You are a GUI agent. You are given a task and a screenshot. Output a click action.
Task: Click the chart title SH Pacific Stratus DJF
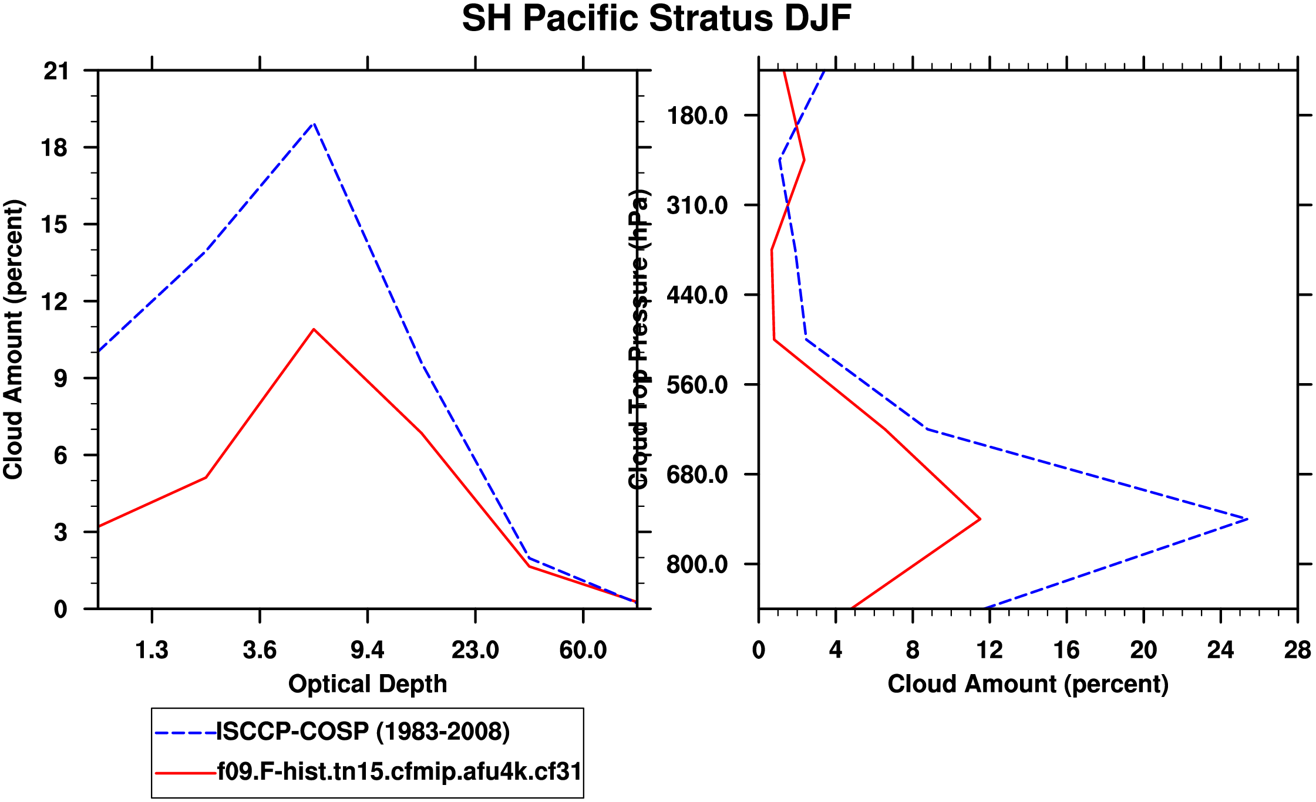(x=657, y=19)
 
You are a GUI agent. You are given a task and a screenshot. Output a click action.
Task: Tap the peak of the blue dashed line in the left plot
(x=314, y=124)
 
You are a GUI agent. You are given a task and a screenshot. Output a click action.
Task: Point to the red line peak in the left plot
(x=314, y=329)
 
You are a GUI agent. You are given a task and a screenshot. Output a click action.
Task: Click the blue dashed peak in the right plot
(x=1247, y=519)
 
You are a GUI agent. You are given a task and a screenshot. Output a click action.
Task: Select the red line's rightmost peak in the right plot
(x=980, y=519)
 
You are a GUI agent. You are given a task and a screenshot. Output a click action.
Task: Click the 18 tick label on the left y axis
(x=55, y=148)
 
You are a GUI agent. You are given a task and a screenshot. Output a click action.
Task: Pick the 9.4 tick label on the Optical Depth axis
(x=367, y=650)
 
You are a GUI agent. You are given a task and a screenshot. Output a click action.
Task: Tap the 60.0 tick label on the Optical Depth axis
(x=583, y=650)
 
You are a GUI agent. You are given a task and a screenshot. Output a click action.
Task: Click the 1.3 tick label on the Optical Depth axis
(x=152, y=650)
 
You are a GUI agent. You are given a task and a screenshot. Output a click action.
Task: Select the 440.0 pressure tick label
(x=697, y=295)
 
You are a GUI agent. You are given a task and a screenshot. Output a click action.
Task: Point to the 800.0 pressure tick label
(x=697, y=564)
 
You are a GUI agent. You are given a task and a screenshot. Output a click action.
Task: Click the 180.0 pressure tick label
(x=697, y=116)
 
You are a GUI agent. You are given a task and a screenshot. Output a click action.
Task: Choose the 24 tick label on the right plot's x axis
(x=1220, y=650)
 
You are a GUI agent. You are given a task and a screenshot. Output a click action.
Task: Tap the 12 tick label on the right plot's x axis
(x=989, y=650)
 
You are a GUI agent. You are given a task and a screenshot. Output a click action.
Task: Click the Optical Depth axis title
(x=368, y=684)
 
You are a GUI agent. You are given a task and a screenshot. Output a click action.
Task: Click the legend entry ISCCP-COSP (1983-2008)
(x=363, y=732)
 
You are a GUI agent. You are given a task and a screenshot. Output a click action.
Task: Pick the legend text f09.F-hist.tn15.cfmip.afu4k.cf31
(x=399, y=771)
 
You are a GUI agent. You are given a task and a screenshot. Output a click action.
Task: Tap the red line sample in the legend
(x=185, y=773)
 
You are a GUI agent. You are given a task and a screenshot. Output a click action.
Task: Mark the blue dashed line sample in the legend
(x=185, y=733)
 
